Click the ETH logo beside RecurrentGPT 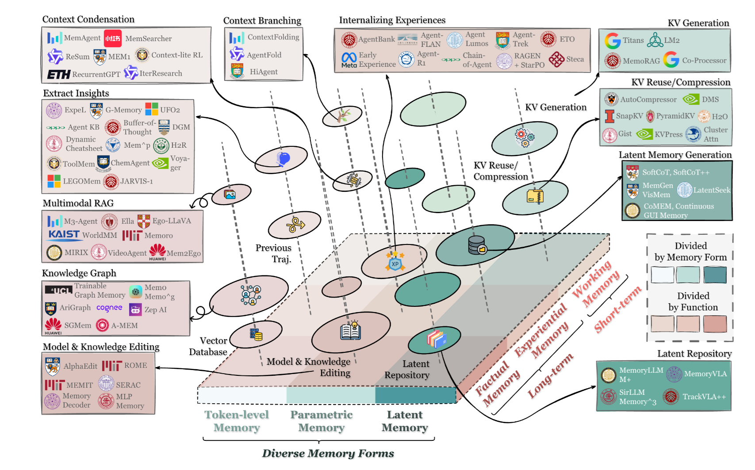coord(59,74)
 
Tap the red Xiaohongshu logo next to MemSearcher coord(113,38)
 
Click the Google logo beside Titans coord(613,41)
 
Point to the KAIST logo coord(64,235)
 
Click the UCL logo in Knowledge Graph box coord(59,290)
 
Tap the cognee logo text coord(109,308)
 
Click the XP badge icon coord(395,261)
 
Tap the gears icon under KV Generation coord(525,138)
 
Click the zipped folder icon coord(535,196)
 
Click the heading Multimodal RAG coord(78,203)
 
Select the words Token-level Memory coord(237,421)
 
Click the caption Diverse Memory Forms coord(328,453)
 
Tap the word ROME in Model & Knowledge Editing coord(135,365)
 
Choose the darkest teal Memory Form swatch coord(715,275)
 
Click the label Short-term coord(617,310)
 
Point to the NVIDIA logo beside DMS coord(690,99)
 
